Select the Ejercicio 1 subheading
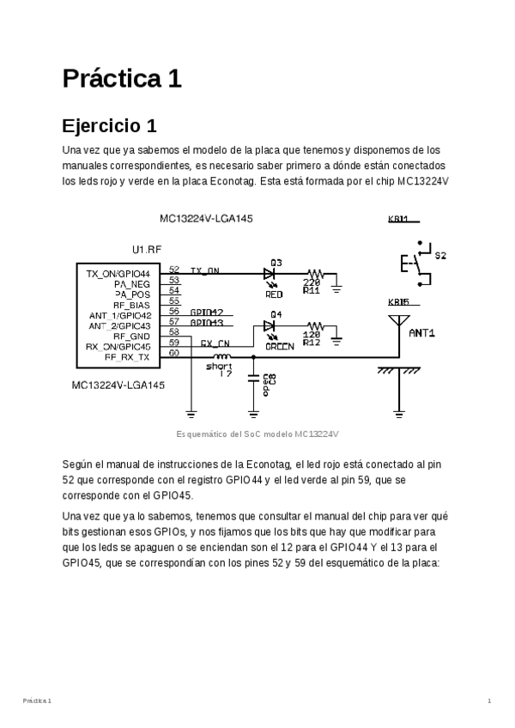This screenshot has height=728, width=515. coord(109,126)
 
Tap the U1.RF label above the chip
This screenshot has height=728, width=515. coord(147,249)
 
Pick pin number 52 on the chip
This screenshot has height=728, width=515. coord(174,270)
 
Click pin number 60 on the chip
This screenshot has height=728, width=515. coord(174,352)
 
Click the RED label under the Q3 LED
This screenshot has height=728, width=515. coord(274,294)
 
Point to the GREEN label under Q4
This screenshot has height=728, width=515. coord(279,346)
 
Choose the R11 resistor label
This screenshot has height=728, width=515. coord(312,290)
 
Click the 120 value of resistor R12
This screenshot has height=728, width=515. coord(312,335)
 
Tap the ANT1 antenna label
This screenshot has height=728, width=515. coord(422,332)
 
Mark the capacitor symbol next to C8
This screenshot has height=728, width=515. coord(254,378)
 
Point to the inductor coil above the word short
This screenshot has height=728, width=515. coord(221,355)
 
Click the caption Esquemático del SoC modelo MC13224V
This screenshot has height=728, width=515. coord(257,434)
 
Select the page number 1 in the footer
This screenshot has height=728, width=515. coord(488,701)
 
